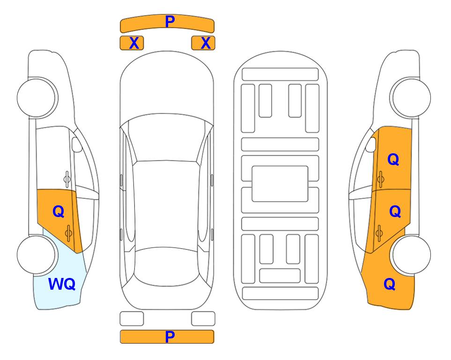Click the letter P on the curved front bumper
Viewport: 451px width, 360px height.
click(x=170, y=21)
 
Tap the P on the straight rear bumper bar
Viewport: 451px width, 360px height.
click(x=170, y=337)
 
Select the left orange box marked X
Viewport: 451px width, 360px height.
click(x=132, y=43)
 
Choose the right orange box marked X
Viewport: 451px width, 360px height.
click(x=203, y=43)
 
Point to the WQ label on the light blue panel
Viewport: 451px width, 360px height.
click(x=62, y=284)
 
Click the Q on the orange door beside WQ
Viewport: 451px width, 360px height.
click(x=59, y=212)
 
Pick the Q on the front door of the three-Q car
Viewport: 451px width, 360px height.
click(x=393, y=159)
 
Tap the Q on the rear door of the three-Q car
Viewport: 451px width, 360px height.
click(x=395, y=212)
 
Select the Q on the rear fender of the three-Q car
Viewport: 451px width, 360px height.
click(x=390, y=284)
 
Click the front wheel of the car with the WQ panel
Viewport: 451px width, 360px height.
click(x=37, y=97)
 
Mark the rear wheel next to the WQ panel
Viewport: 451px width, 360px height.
click(x=37, y=255)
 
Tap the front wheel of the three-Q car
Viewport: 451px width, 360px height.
click(x=411, y=97)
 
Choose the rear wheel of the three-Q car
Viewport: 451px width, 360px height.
click(x=411, y=255)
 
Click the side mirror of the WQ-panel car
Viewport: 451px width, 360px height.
click(x=76, y=144)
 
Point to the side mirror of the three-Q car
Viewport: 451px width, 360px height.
click(x=371, y=144)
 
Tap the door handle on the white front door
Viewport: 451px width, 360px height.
click(x=67, y=179)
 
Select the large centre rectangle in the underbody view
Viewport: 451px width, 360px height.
click(x=280, y=184)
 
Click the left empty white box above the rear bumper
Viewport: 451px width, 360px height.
click(x=132, y=319)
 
